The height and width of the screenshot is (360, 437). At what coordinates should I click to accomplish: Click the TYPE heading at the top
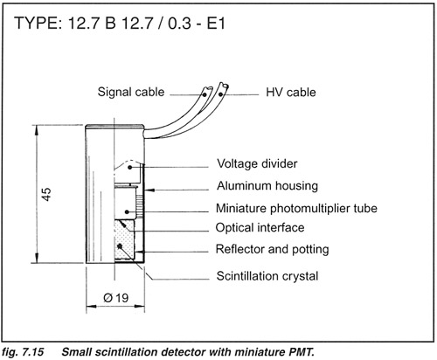pyautogui.click(x=120, y=23)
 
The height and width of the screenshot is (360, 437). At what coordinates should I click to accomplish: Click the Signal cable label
pyautogui.click(x=131, y=92)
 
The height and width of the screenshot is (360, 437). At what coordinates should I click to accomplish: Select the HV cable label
pyautogui.click(x=291, y=93)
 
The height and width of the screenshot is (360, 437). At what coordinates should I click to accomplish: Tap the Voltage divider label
pyautogui.click(x=257, y=163)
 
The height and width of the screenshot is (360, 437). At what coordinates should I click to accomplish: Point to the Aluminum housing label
pyautogui.click(x=267, y=186)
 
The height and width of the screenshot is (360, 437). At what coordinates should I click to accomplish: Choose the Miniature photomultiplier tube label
pyautogui.click(x=296, y=209)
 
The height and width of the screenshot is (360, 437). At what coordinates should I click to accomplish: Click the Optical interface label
pyautogui.click(x=260, y=227)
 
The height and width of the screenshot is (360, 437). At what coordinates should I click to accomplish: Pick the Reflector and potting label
pyautogui.click(x=272, y=249)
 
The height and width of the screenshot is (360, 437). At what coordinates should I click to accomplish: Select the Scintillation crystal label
pyautogui.click(x=267, y=276)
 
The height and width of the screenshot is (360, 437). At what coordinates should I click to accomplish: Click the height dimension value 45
pyautogui.click(x=46, y=194)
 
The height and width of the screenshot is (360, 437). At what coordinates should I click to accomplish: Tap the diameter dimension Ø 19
pyautogui.click(x=115, y=298)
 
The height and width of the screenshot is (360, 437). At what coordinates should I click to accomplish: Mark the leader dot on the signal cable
pyautogui.click(x=205, y=94)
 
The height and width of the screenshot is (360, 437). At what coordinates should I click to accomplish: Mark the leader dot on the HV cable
pyautogui.click(x=221, y=94)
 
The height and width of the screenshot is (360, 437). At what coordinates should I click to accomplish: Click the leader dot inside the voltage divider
pyautogui.click(x=130, y=167)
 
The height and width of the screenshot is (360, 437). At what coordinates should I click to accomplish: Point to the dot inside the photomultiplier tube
pyautogui.click(x=127, y=211)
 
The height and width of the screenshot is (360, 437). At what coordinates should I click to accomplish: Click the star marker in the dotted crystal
pyautogui.click(x=119, y=246)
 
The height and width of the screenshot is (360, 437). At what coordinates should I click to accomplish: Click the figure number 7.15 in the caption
pyautogui.click(x=32, y=352)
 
